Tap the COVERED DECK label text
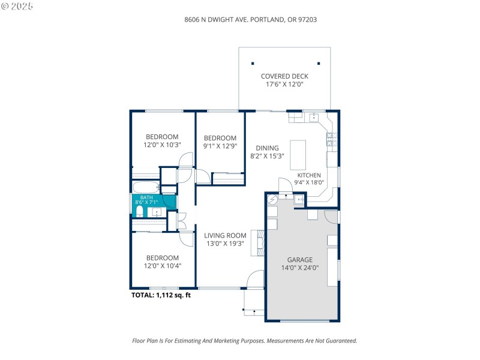pyautogui.click(x=284, y=76)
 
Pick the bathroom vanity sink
pyautogui.click(x=157, y=212)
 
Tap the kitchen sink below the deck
pyautogui.click(x=313, y=116)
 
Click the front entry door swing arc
pyautogui.click(x=256, y=279)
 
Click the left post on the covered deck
pyautogui.click(x=253, y=63)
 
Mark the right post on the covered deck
pyautogui.click(x=319, y=63)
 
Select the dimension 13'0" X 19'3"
pyautogui.click(x=225, y=244)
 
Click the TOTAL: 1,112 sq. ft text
pyautogui.click(x=161, y=295)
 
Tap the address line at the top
pyautogui.click(x=250, y=19)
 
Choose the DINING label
pyautogui.click(x=267, y=148)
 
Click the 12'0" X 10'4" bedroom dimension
pyautogui.click(x=162, y=265)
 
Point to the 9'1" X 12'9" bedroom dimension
pyautogui.click(x=220, y=145)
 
